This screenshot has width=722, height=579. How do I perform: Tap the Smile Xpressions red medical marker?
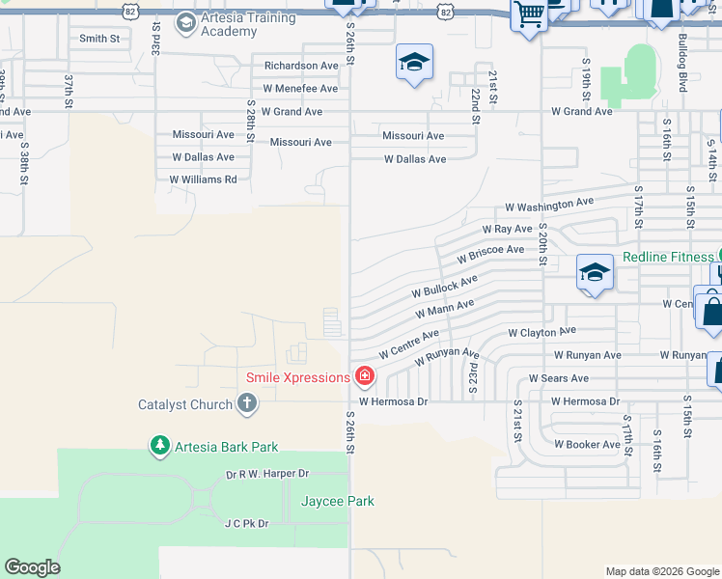(x=365, y=376)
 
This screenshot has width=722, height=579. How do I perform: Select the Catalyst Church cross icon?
(x=247, y=404)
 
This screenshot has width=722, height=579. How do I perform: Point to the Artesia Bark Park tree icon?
(x=158, y=446)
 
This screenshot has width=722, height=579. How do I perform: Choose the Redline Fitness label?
(x=667, y=257)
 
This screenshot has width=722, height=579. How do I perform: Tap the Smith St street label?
(x=99, y=39)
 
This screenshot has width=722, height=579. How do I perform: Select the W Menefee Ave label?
(x=292, y=89)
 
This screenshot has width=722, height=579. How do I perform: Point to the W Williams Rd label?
(x=203, y=179)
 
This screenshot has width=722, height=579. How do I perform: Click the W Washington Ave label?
(x=549, y=206)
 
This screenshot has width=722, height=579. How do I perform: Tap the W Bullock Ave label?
(x=444, y=287)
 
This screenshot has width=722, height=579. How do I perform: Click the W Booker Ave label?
(x=587, y=445)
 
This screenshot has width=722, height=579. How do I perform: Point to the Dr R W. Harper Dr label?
(x=267, y=474)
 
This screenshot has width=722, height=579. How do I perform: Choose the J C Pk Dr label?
(x=246, y=523)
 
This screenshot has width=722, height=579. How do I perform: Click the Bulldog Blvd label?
(x=682, y=72)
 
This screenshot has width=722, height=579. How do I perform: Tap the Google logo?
(x=32, y=567)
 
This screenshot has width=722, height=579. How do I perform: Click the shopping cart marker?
(x=529, y=15)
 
